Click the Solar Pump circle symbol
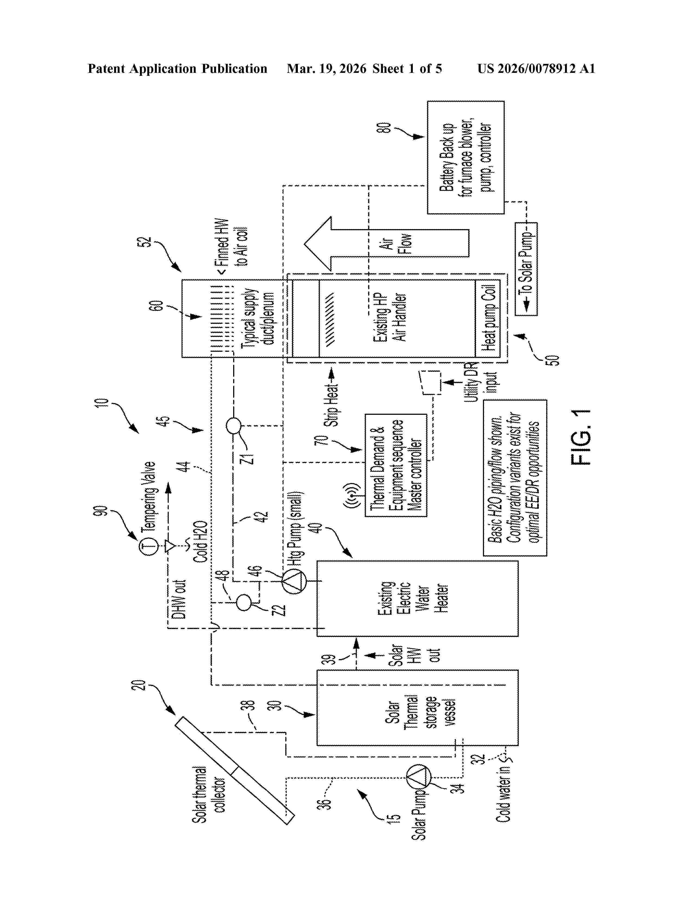(x=419, y=777)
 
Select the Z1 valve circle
(x=234, y=426)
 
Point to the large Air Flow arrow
(x=386, y=243)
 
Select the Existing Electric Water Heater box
(x=417, y=599)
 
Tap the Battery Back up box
(x=466, y=157)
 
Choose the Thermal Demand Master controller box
(x=396, y=465)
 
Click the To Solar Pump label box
(x=526, y=269)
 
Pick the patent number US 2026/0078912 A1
(x=536, y=68)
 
